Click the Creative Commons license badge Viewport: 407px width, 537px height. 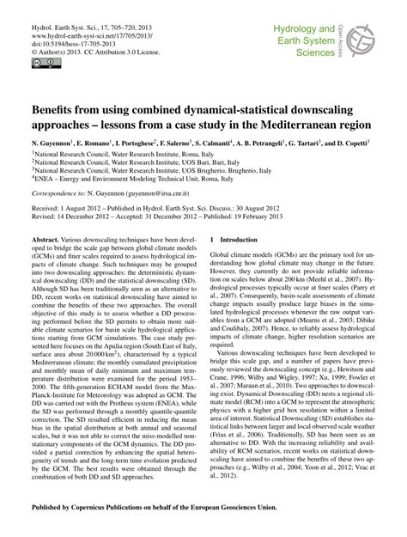click(x=40, y=63)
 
